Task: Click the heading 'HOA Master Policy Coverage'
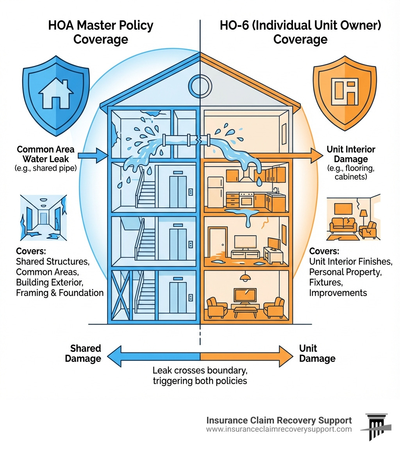click(x=101, y=32)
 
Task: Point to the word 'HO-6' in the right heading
click(x=233, y=26)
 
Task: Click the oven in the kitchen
click(x=247, y=200)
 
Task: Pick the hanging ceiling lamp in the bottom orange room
click(x=245, y=277)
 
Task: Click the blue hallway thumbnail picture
click(x=43, y=219)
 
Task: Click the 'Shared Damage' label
click(x=85, y=353)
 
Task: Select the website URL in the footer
click(x=279, y=429)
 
